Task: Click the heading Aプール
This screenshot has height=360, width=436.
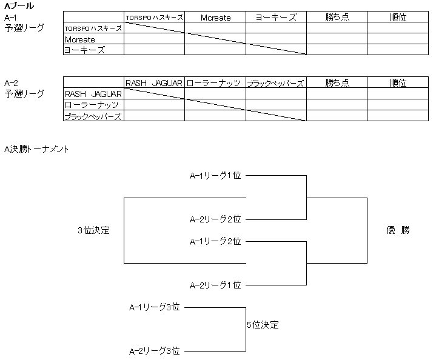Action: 19,5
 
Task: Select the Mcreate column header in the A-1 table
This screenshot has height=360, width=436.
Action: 215,18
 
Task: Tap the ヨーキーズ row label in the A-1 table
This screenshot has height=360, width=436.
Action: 84,50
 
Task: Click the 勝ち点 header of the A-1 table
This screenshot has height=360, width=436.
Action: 337,18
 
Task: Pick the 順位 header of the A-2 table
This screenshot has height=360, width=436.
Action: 398,83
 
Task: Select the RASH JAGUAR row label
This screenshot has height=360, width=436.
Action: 93,94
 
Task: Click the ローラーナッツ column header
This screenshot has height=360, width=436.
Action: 215,83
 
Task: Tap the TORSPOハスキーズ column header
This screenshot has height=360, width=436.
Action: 154,18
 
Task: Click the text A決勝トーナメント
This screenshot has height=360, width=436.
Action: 36,149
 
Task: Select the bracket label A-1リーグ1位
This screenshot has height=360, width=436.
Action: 215,176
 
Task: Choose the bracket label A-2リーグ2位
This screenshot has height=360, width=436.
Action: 215,219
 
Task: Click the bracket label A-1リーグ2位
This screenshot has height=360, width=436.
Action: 215,241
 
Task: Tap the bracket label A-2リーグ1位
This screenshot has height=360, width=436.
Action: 215,285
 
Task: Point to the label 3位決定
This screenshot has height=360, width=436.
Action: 93,230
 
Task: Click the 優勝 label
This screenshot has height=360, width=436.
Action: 398,230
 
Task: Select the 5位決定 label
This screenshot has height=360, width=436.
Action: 263,325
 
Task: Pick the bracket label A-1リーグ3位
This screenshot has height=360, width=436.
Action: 155,307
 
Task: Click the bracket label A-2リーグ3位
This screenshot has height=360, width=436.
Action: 155,351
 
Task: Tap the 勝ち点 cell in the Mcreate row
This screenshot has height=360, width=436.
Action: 337,39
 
